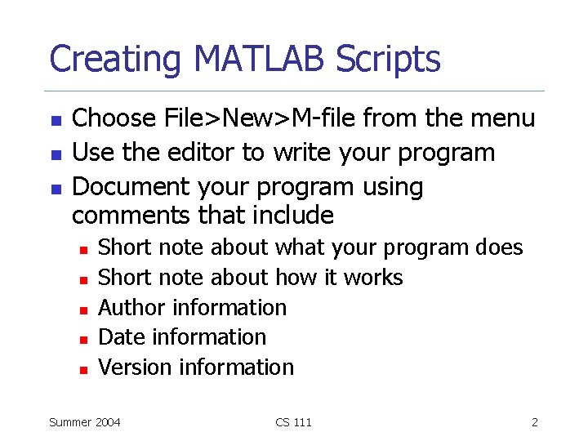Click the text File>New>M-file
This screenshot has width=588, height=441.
(249, 118)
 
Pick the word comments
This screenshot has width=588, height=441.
(131, 216)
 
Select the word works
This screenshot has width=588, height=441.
(373, 278)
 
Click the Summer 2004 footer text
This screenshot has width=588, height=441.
(85, 422)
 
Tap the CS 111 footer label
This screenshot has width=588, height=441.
(293, 422)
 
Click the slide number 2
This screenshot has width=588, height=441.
(534, 422)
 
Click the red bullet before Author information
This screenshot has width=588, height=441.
(82, 310)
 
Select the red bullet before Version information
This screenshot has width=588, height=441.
(82, 369)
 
